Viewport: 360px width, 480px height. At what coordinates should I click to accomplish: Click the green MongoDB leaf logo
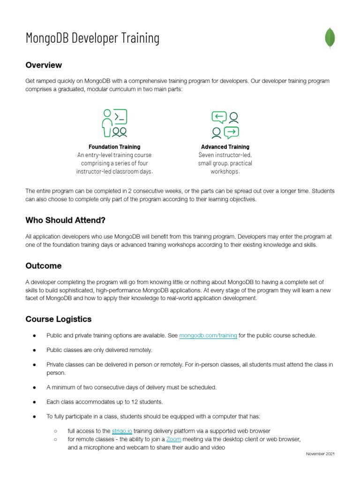point(330,38)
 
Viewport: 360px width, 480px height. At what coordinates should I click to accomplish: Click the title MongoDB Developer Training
point(92,38)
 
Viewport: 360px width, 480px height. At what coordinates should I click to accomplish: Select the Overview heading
point(44,65)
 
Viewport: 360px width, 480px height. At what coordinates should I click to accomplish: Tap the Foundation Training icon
point(114,123)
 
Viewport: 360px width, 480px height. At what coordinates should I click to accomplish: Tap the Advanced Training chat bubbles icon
point(225,125)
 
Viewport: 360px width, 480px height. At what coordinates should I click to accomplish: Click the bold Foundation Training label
point(114,147)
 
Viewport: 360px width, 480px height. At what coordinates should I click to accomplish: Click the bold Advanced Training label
point(225,147)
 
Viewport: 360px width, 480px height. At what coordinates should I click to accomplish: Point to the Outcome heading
point(44,266)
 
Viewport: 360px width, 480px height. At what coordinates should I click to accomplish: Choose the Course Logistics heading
point(59,319)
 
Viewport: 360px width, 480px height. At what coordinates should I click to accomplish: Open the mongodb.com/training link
point(208,336)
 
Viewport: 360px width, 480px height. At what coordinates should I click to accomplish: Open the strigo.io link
point(122,431)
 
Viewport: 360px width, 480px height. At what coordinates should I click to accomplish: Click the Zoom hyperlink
point(173,439)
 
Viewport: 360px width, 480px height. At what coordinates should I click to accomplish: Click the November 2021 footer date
point(320,454)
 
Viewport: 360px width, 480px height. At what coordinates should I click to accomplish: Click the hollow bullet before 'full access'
point(55,431)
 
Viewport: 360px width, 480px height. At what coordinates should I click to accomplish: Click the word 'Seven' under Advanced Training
point(207,155)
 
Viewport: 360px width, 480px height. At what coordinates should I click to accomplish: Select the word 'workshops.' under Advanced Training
point(225,172)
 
